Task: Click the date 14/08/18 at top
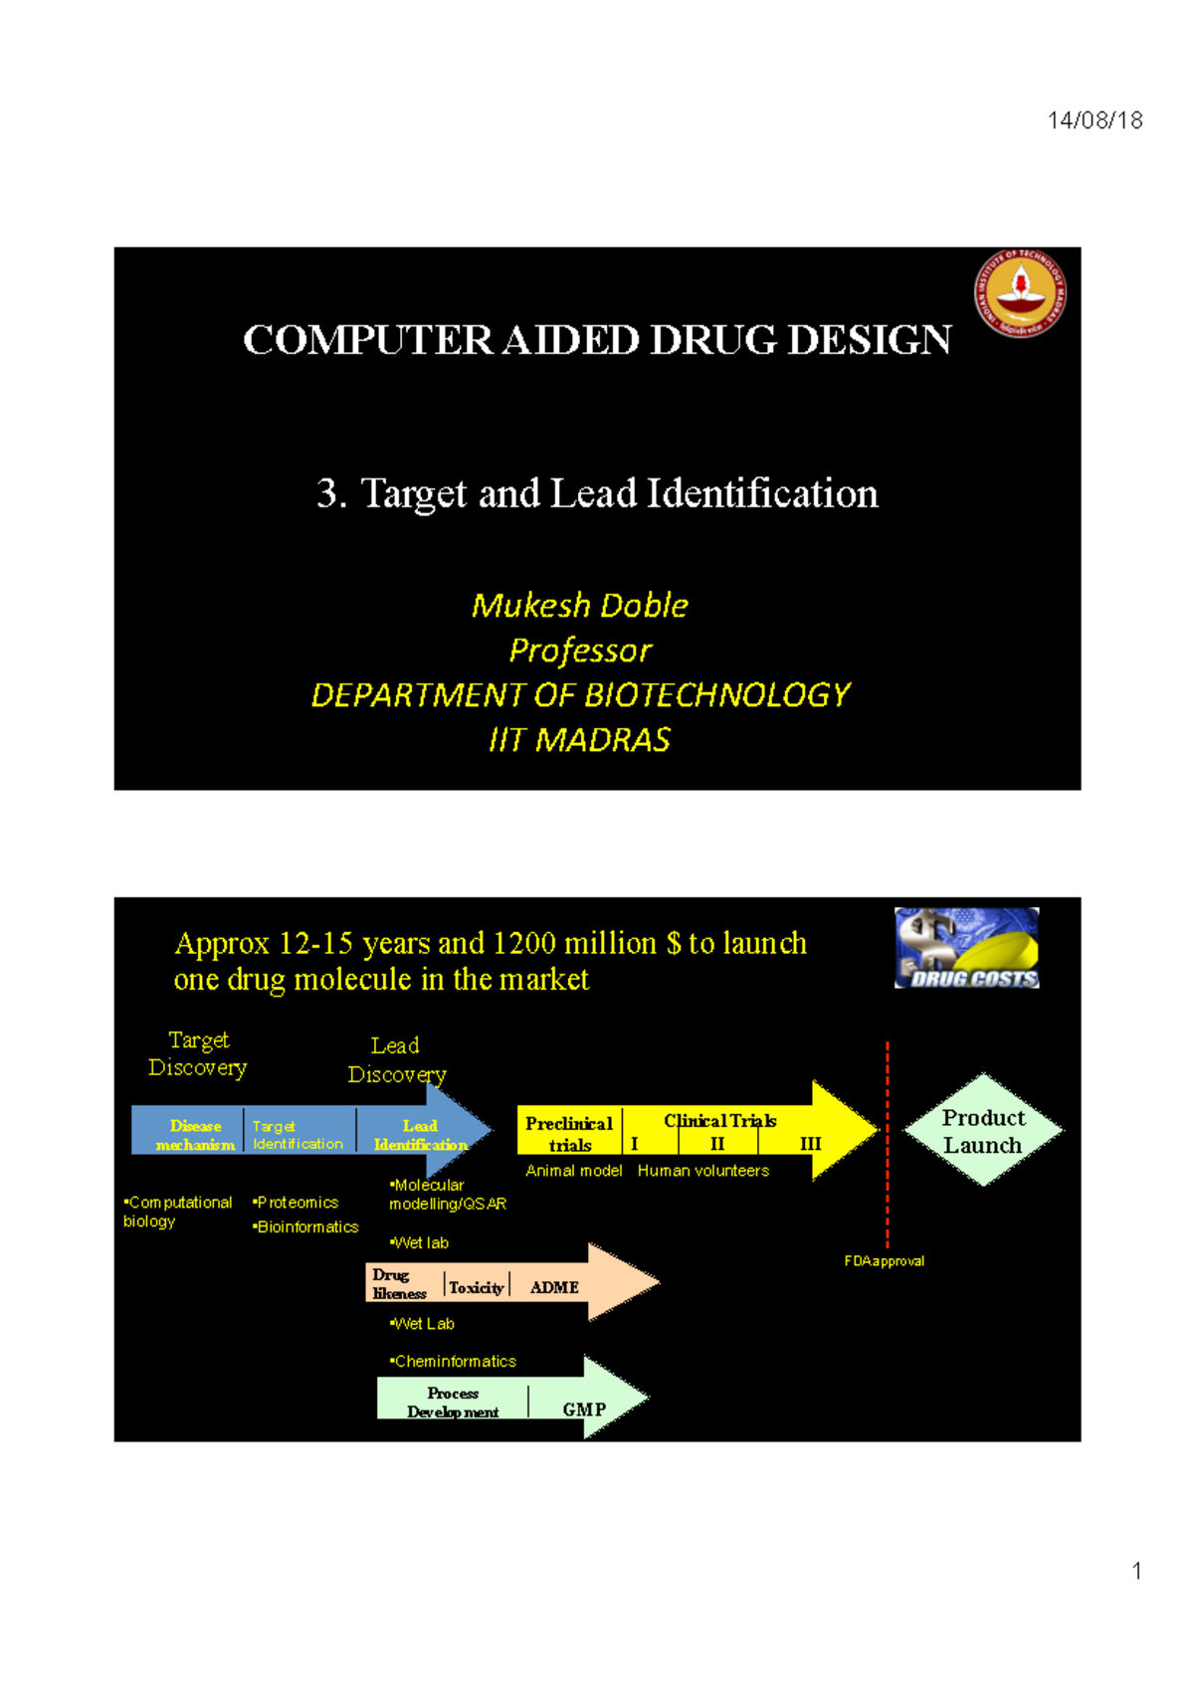1094,120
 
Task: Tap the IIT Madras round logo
1020,292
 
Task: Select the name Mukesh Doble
580,605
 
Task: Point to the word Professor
580,651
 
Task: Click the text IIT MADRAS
580,740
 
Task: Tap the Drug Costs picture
966,948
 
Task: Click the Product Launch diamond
983,1131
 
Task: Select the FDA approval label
884,1261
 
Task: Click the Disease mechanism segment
195,1135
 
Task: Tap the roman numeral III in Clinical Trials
810,1144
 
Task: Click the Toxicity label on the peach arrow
476,1287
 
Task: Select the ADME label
554,1287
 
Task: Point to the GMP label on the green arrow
583,1409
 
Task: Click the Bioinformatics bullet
306,1227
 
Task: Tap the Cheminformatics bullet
454,1362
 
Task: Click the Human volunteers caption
702,1171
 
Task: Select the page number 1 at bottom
1136,1572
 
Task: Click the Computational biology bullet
176,1212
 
